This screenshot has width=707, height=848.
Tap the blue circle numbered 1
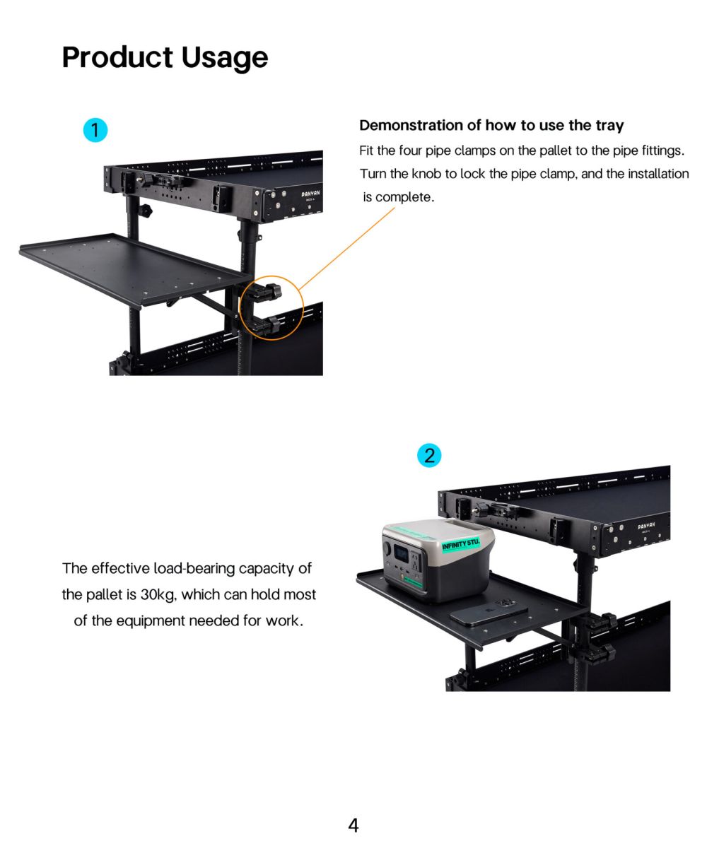(95, 130)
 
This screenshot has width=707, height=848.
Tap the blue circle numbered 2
(429, 456)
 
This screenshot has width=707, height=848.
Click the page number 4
(353, 825)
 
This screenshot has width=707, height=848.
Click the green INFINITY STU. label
(460, 546)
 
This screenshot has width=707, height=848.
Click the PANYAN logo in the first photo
(311, 193)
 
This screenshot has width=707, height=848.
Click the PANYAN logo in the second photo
(645, 526)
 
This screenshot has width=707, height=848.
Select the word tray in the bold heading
(609, 126)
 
